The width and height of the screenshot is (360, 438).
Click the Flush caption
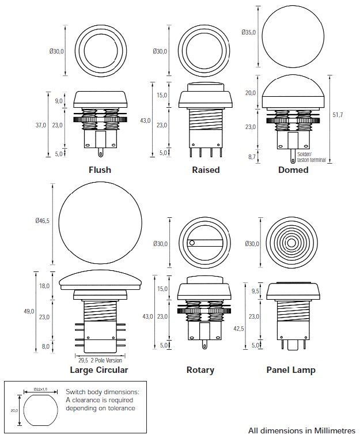point(100,170)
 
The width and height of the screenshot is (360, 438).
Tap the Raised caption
point(206,170)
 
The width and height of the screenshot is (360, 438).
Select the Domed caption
point(293,170)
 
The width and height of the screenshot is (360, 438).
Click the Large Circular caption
point(99,370)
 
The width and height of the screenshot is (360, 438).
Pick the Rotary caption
point(200,370)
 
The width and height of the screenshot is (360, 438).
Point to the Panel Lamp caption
point(291,370)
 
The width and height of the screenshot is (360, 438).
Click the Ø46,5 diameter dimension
point(43,221)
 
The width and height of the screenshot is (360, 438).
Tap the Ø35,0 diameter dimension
point(249,32)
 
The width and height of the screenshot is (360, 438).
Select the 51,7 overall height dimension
point(338,115)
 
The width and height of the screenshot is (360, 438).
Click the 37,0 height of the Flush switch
point(41,125)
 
